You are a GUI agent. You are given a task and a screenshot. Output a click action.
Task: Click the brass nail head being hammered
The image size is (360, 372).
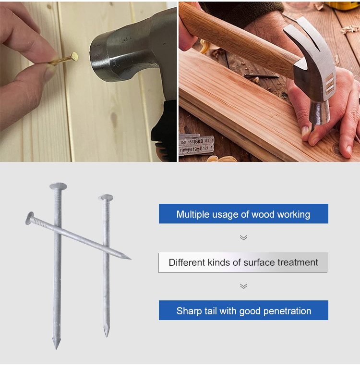[74, 57]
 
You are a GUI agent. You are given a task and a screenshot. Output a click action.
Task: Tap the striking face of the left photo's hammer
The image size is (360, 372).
[98, 57]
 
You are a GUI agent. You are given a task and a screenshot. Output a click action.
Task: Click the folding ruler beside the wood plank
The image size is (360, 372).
[197, 145]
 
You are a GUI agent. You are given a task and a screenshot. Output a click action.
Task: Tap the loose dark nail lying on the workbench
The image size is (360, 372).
[262, 76]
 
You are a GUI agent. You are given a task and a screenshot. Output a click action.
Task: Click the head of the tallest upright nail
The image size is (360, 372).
[58, 186]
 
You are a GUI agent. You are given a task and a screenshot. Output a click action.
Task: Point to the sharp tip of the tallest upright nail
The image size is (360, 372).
[57, 348]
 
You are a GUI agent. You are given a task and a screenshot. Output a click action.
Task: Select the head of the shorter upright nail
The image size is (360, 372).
[106, 198]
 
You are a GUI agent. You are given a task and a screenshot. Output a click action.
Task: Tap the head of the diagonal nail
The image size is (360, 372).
[29, 218]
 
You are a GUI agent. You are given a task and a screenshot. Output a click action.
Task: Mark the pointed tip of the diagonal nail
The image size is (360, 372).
[130, 259]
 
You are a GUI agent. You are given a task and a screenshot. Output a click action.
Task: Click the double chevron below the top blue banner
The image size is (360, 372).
[243, 237]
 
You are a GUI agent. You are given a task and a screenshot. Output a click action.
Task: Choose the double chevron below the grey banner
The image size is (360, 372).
[243, 286]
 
